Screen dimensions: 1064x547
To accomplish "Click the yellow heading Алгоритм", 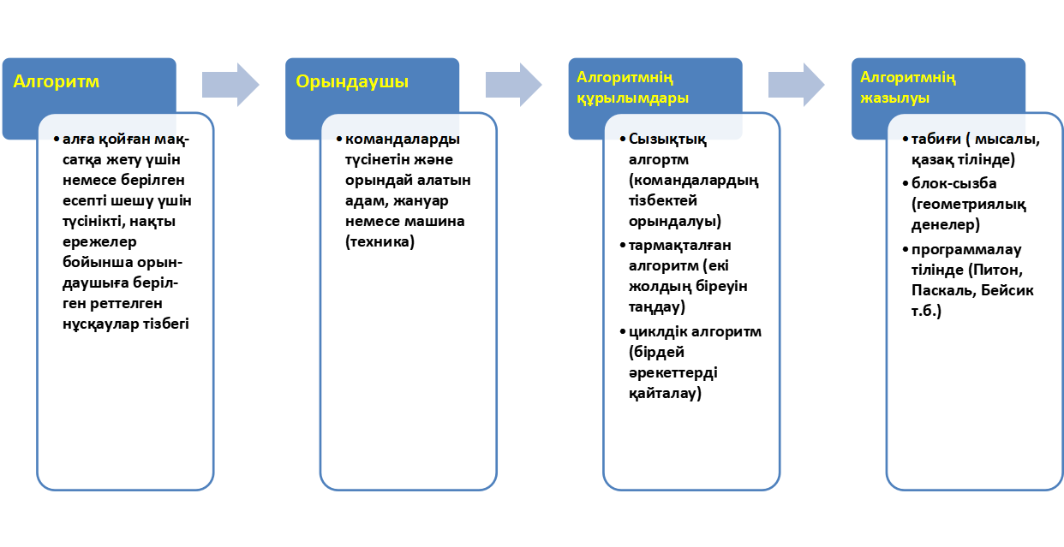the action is [56, 81].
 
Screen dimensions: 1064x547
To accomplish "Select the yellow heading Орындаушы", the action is [352, 81].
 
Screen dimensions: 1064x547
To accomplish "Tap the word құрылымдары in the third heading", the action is [632, 98].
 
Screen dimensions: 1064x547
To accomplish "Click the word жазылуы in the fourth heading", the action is [894, 98].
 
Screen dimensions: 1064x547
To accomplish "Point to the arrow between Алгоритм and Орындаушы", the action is [230, 85].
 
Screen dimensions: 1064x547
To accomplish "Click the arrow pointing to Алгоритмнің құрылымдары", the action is [513, 85].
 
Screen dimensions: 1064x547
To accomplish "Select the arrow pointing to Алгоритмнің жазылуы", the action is [797, 85].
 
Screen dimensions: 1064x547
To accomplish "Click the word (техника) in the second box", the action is [380, 241].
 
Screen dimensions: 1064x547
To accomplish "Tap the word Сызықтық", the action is [667, 140].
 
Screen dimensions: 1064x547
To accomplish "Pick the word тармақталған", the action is [679, 246].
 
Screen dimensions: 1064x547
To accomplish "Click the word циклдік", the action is [657, 332].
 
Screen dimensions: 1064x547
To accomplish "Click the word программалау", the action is [966, 250].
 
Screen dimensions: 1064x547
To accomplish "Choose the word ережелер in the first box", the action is [99, 241].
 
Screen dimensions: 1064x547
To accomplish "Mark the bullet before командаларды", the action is [339, 140].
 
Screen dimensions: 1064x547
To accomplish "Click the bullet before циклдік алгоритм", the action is [623, 332].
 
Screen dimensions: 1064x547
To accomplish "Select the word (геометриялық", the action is [969, 205].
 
